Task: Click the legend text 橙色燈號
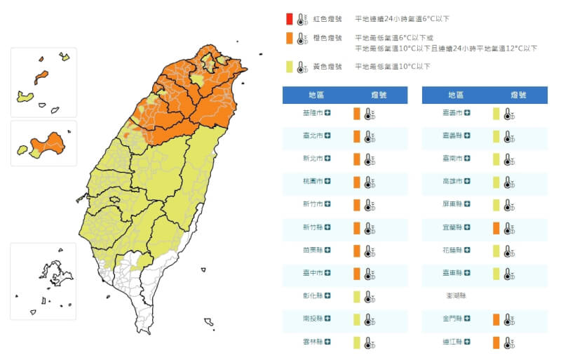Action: (327, 38)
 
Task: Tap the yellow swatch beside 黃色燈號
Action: (289, 67)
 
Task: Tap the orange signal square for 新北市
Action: (356, 159)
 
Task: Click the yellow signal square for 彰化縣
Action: (356, 296)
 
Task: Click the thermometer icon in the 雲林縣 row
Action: (370, 342)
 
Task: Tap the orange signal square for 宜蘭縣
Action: (496, 227)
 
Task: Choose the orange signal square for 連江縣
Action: (496, 342)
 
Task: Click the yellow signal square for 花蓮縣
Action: (496, 251)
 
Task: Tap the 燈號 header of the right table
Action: (518, 94)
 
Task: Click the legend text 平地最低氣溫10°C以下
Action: (393, 67)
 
